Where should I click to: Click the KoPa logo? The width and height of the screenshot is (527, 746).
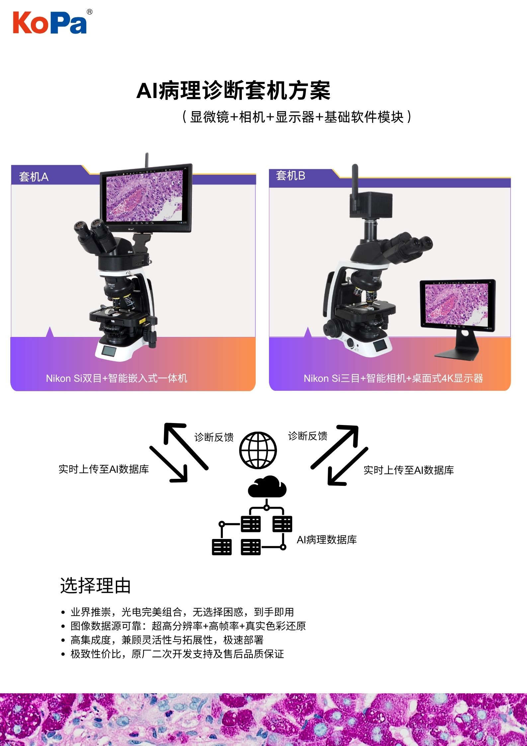click(x=50, y=23)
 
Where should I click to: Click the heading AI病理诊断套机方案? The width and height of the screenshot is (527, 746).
click(x=233, y=90)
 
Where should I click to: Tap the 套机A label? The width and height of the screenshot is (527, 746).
click(x=34, y=177)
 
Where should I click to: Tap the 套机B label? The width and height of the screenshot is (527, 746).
click(x=291, y=175)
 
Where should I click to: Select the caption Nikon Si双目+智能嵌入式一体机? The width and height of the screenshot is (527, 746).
click(x=117, y=378)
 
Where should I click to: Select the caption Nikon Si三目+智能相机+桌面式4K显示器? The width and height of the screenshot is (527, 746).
click(x=394, y=378)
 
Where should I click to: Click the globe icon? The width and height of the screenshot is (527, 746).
click(x=258, y=450)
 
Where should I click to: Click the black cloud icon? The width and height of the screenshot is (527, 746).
click(x=267, y=486)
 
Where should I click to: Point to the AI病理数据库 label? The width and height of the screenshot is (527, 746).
click(x=327, y=540)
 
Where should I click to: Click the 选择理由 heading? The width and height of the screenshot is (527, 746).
click(x=95, y=586)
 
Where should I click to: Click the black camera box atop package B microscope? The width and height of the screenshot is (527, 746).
click(x=371, y=205)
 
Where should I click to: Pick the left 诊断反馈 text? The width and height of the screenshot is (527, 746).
click(x=214, y=437)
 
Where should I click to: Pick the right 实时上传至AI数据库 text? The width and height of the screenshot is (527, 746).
click(x=408, y=470)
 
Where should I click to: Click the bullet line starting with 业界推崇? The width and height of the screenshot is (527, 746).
click(x=178, y=612)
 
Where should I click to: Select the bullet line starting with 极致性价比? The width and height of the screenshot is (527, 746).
click(x=173, y=654)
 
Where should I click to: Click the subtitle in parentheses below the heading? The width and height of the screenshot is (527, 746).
click(x=297, y=117)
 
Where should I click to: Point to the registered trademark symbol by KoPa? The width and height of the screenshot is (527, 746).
click(x=89, y=12)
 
